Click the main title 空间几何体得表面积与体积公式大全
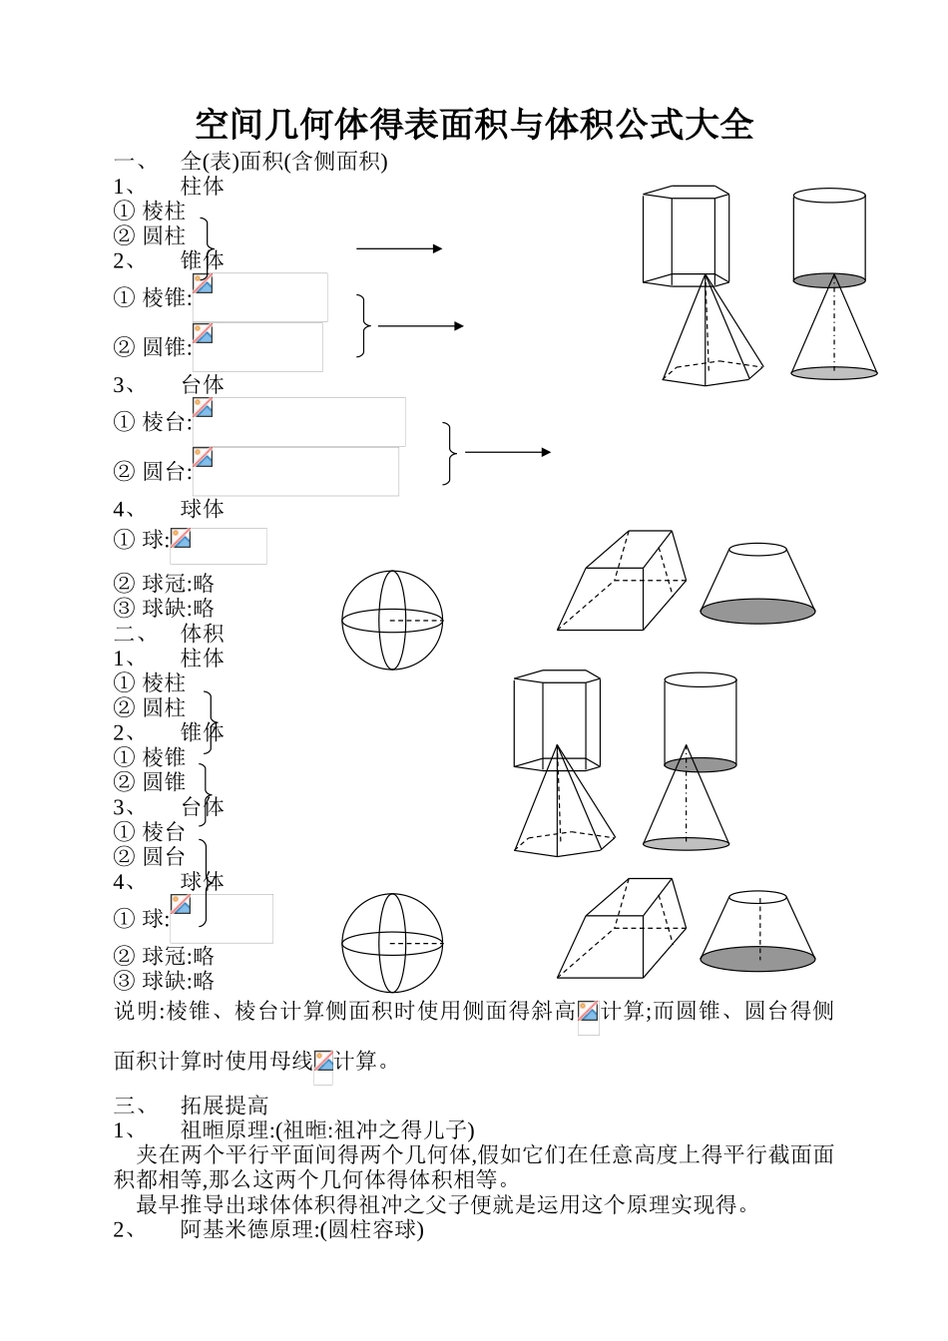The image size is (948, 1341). (473, 125)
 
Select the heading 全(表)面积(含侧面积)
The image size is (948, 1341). (283, 161)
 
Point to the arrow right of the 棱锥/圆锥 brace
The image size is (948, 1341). (420, 326)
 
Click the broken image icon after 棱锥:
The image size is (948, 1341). (204, 283)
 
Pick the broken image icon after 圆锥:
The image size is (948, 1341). (204, 333)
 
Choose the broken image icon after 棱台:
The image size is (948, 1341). (204, 408)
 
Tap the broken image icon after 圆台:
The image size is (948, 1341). (204, 458)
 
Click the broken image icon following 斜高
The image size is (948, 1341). (588, 1012)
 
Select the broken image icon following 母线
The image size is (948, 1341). (324, 1062)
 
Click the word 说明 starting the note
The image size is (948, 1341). (136, 1011)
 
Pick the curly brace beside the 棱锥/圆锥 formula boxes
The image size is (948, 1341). (363, 326)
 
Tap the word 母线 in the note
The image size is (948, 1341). (290, 1061)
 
